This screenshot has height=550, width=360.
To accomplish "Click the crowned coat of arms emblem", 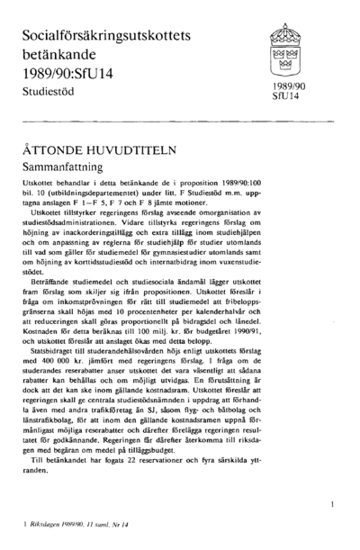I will click(x=276, y=48).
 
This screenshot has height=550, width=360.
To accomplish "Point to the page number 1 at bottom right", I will click(x=334, y=506).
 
